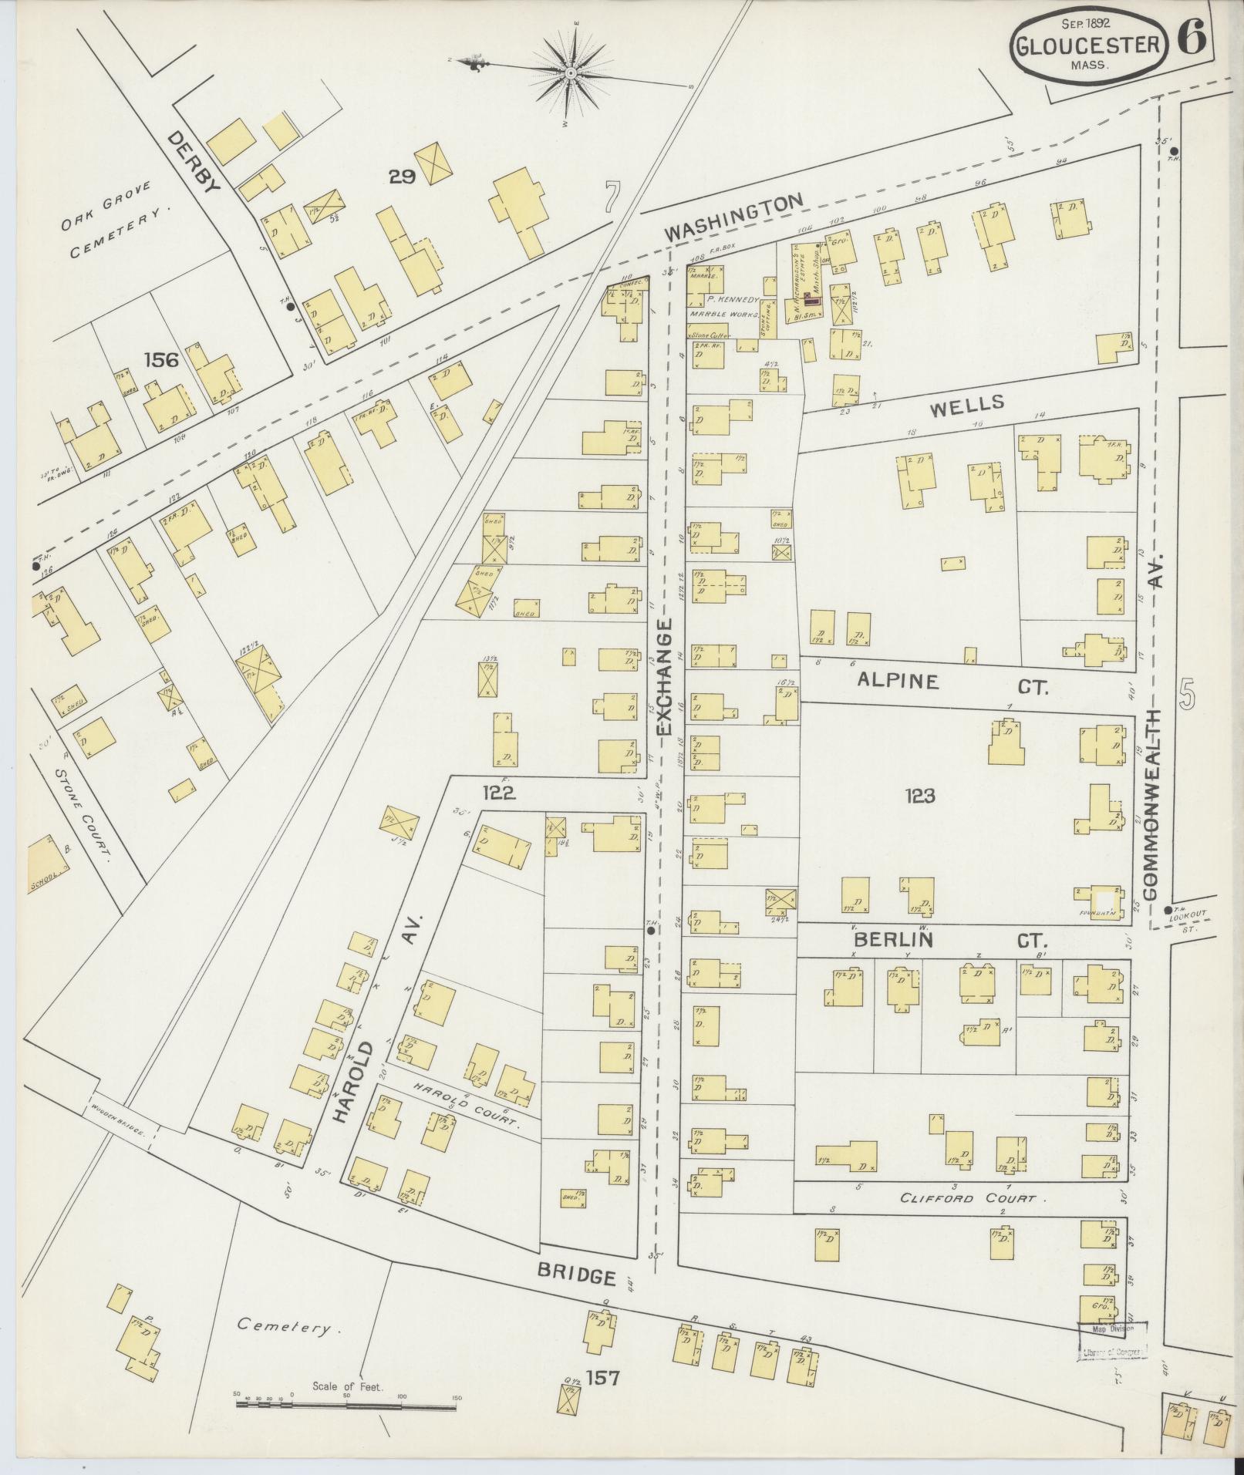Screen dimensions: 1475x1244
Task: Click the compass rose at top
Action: point(571,73)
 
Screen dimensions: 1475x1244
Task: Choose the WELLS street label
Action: point(968,402)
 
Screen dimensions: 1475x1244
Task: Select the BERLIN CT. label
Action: point(949,940)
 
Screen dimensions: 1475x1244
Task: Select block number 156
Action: point(160,359)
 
